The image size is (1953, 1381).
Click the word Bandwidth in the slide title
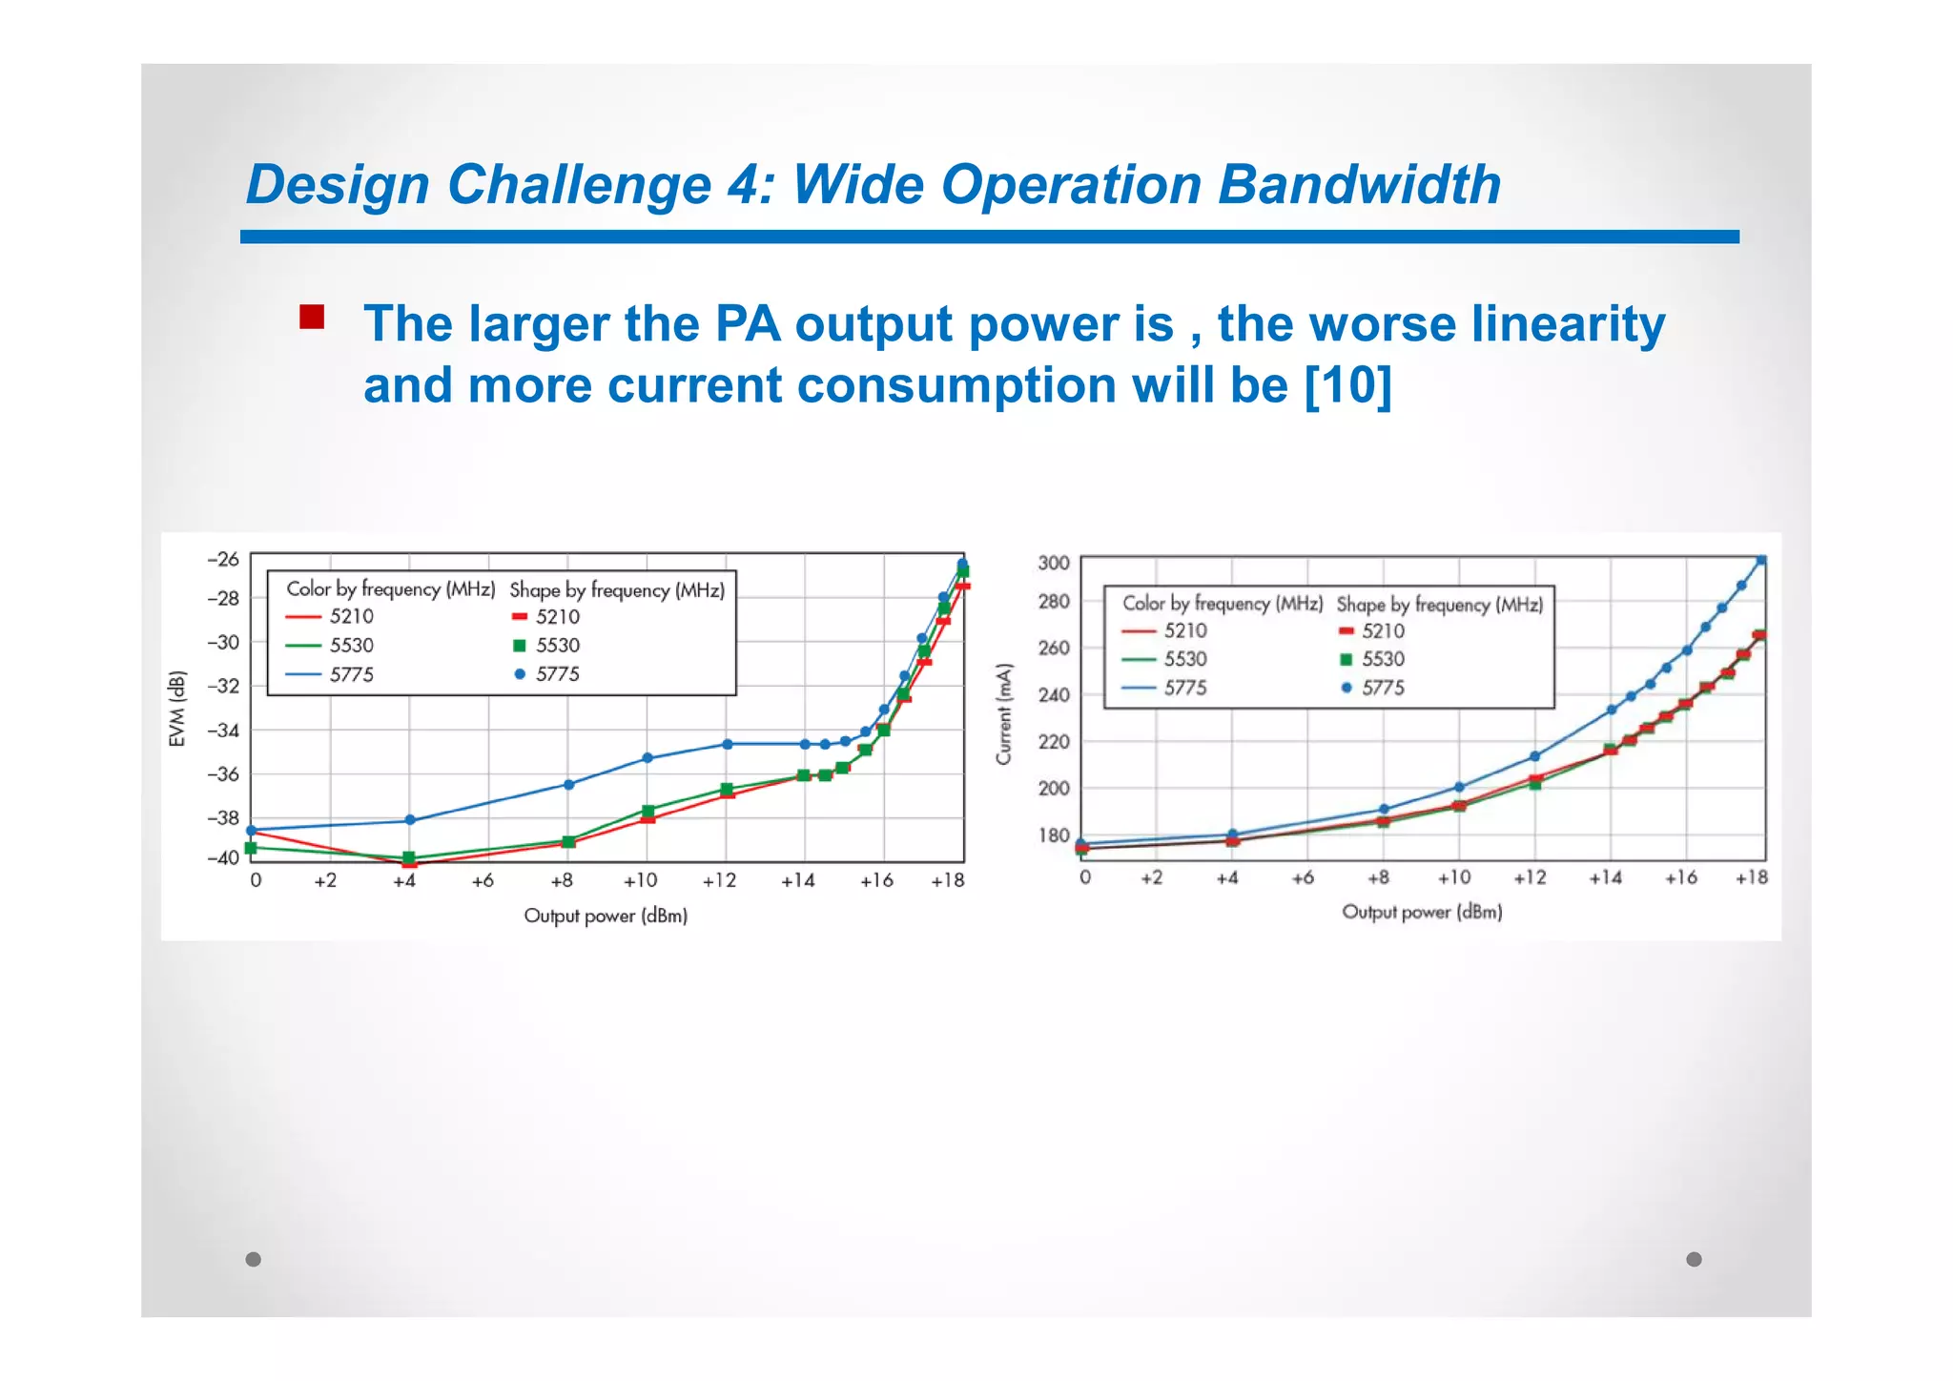click(1359, 185)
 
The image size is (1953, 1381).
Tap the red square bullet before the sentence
click(311, 317)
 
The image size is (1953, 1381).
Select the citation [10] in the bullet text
click(1347, 386)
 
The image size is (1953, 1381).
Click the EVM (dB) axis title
click(176, 710)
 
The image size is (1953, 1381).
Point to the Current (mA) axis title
click(1003, 713)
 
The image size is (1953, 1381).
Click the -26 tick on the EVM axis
click(223, 560)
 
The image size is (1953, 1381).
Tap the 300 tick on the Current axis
click(1054, 563)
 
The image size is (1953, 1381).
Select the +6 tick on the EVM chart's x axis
click(483, 880)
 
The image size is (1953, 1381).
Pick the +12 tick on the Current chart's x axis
click(1530, 877)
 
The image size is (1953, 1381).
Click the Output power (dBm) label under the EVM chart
click(606, 916)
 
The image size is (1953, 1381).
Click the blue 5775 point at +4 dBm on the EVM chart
click(410, 820)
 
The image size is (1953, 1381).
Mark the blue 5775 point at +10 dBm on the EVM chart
click(648, 758)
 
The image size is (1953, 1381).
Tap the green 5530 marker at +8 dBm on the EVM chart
click(568, 841)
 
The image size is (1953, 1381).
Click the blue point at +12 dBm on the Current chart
click(1534, 756)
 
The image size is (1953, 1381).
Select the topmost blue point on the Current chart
click(1760, 561)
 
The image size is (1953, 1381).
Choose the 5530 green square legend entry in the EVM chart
click(546, 646)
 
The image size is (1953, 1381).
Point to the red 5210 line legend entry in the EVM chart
click(330, 617)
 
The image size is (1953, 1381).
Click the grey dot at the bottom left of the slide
click(253, 1259)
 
